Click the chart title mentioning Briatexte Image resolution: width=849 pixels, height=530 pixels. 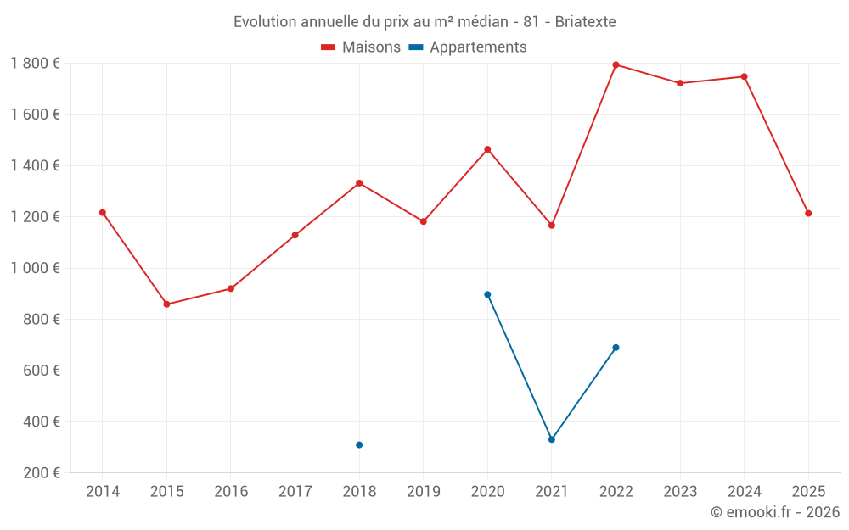pyautogui.click(x=424, y=21)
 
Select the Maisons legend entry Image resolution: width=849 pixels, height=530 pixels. pyautogui.click(x=361, y=47)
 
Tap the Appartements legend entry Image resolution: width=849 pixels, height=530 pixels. pyautogui.click(x=468, y=47)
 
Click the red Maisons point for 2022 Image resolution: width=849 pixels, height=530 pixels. pyautogui.click(x=616, y=64)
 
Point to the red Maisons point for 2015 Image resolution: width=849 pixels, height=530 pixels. pyautogui.click(x=166, y=304)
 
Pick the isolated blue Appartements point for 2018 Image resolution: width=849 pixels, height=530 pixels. pyautogui.click(x=359, y=444)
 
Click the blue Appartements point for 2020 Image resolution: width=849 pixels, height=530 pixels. pyautogui.click(x=487, y=294)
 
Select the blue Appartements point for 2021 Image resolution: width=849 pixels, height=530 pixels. pyautogui.click(x=552, y=439)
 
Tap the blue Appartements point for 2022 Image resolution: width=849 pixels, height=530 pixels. pyautogui.click(x=616, y=348)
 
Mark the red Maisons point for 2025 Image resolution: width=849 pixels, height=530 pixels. pyautogui.click(x=808, y=214)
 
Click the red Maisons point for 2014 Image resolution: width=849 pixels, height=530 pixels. pyautogui.click(x=103, y=213)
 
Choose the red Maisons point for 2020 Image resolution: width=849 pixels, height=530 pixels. pyautogui.click(x=487, y=149)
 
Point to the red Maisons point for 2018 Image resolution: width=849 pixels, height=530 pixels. pyautogui.click(x=359, y=183)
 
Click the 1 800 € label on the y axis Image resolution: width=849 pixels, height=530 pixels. pyautogui.click(x=35, y=64)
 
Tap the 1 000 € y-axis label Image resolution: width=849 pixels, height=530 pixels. pyautogui.click(x=35, y=268)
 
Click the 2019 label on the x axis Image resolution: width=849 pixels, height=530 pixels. pyautogui.click(x=424, y=492)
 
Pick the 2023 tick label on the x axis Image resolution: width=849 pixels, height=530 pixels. pyautogui.click(x=680, y=492)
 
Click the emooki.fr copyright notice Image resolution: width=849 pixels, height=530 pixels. pyautogui.click(x=774, y=512)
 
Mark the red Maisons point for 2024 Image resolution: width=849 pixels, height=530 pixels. pyautogui.click(x=744, y=76)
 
